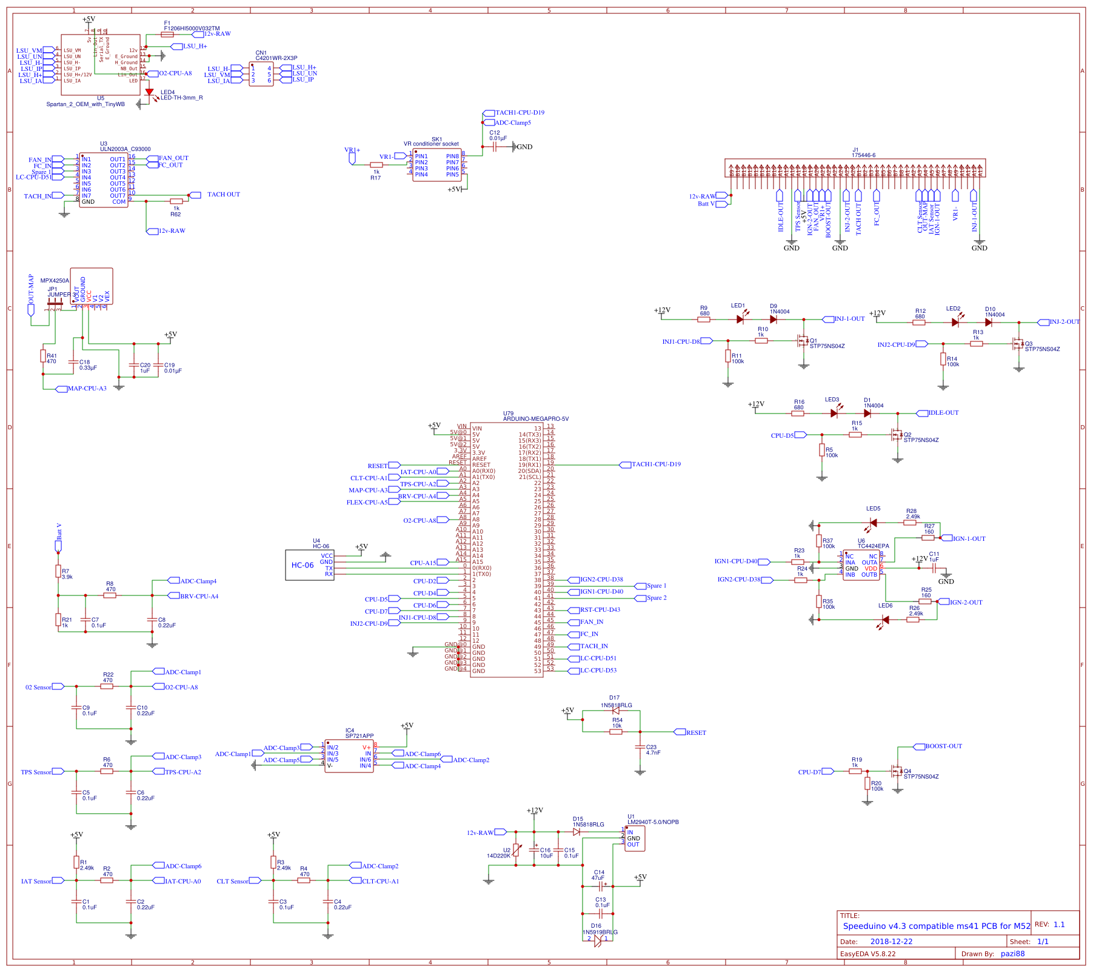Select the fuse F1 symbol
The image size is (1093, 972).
click(x=167, y=35)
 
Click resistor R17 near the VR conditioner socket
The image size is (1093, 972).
click(x=376, y=164)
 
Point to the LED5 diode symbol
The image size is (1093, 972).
click(x=873, y=523)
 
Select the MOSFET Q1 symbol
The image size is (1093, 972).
click(x=803, y=341)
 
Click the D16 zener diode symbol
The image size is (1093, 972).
click(x=598, y=940)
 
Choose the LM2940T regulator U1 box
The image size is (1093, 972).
click(x=635, y=839)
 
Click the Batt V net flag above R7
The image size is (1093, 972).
click(x=58, y=546)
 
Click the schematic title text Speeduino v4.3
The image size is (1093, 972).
click(x=936, y=926)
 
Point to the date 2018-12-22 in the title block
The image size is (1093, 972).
click(x=891, y=942)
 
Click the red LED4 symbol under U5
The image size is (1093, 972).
click(x=149, y=92)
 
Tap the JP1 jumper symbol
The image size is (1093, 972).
click(x=55, y=302)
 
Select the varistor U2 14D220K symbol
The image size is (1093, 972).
click(x=516, y=851)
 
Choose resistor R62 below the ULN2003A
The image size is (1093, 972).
click(x=176, y=201)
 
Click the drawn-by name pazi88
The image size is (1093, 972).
click(x=1012, y=953)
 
